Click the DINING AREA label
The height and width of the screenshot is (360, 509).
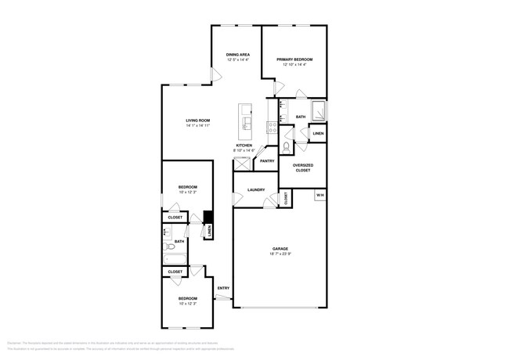coord(238,54)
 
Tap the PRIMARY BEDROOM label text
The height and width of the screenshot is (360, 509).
coord(294,59)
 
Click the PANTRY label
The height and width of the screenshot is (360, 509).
coord(266,161)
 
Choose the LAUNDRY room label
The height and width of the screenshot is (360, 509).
coord(255,189)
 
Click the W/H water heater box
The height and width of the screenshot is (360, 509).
coord(320,194)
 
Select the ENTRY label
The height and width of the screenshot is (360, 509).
coord(223,288)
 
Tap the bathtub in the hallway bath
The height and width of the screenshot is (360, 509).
coord(174,258)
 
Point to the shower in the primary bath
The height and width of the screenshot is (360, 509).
coord(318,111)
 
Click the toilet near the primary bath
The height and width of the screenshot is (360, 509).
coord(286,146)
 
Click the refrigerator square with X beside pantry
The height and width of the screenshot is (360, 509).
coord(240,163)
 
